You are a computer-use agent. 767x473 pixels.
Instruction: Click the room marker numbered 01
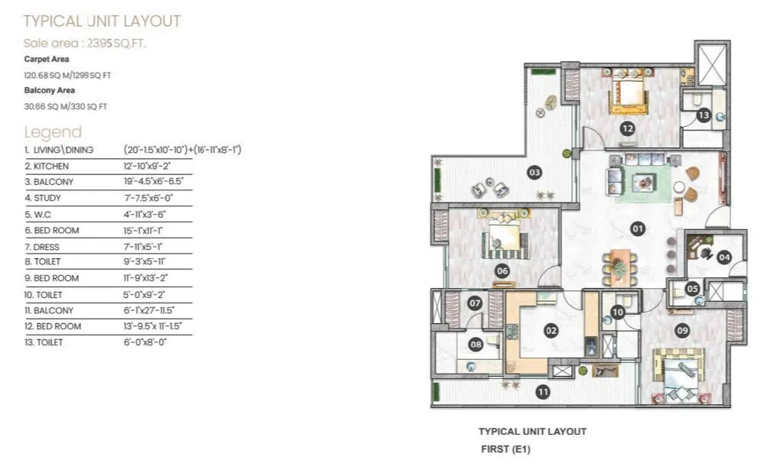point(637,228)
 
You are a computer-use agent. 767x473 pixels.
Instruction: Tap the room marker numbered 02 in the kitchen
point(550,331)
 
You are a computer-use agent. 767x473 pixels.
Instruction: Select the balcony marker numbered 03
point(535,173)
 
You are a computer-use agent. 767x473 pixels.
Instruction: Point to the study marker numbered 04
point(723,258)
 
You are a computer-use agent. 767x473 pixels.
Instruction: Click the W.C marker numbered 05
point(691,289)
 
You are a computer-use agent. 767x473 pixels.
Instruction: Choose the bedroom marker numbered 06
point(502,270)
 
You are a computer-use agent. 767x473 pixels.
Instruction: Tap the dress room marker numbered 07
point(475,303)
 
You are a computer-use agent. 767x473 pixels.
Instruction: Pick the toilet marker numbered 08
point(476,345)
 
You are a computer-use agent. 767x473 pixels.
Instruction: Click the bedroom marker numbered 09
point(682,330)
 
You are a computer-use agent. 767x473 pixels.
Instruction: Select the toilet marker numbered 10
point(618,311)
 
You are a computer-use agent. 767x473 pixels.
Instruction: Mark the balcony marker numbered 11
point(542,392)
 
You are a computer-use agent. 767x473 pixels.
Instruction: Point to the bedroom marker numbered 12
point(627,128)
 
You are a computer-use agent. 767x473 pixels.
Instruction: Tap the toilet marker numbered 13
point(704,115)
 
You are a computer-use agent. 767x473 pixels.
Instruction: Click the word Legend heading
point(53,131)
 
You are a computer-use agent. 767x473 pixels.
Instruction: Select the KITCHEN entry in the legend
point(47,166)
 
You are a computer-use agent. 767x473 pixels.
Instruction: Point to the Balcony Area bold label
point(50,90)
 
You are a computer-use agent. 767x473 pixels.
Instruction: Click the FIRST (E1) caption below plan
point(505,449)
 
